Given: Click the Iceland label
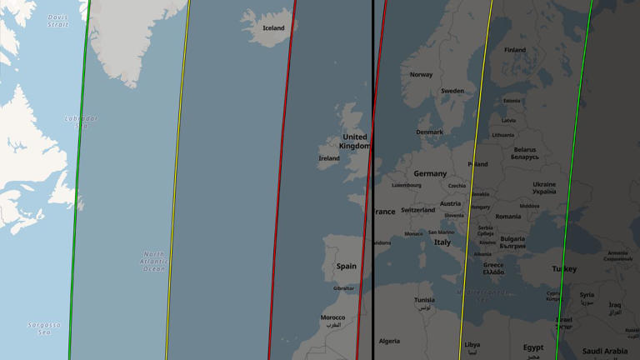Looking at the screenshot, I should [273, 28].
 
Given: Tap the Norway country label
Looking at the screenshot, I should [421, 75].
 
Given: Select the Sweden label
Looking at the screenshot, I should [452, 91].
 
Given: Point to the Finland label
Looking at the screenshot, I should [515, 50].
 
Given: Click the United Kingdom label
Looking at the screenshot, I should [354, 142].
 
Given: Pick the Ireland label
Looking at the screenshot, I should [329, 158].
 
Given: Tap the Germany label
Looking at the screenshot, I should [430, 174].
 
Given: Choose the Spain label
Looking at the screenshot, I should [346, 267].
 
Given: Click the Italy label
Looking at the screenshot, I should [442, 242].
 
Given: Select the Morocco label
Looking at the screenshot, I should [332, 318].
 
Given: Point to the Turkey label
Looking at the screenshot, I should [564, 269].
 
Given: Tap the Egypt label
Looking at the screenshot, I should [533, 347].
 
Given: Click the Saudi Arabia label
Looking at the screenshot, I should [605, 351].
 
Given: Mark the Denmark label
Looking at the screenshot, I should [430, 132].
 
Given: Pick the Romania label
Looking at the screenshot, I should [507, 217].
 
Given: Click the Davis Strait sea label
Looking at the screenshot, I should [58, 21].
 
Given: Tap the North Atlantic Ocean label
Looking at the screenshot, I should [154, 262].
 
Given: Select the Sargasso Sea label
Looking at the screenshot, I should [45, 328].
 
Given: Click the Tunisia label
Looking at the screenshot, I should [424, 300].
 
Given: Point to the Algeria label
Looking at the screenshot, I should [389, 342].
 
